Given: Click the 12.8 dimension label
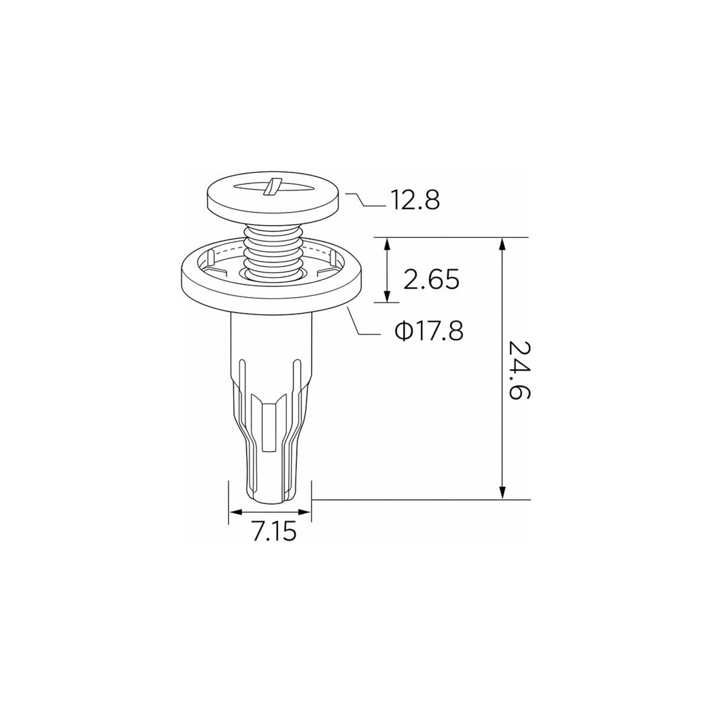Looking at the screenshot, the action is click(x=415, y=200).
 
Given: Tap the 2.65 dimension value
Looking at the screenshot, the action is click(x=432, y=279).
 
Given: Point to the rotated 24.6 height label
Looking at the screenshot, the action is click(x=519, y=370).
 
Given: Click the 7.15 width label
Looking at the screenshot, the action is click(x=275, y=533).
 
